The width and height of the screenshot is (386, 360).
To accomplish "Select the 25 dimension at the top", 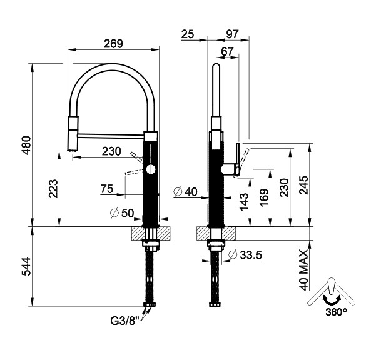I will point(187,34).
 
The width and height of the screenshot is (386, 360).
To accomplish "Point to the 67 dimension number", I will point(227,50).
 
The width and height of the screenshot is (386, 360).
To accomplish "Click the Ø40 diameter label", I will point(186,192).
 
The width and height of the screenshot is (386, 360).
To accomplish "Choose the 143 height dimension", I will point(243,200).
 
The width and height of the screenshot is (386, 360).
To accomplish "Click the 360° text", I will point(335,311).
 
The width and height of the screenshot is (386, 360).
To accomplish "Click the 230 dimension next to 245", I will point(285,187).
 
